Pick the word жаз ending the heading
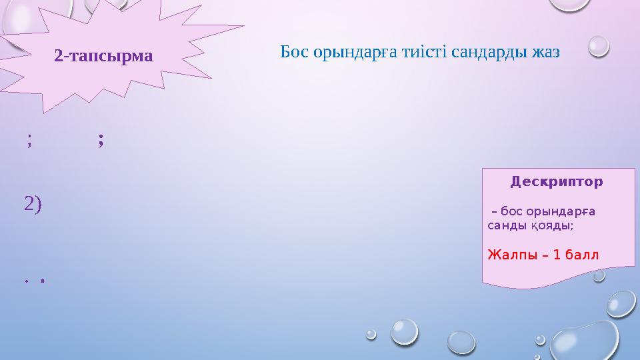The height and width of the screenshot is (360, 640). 546,52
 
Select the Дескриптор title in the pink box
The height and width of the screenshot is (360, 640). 556,181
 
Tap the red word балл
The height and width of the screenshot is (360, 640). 582,255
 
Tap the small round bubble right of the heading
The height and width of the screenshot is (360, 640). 599,45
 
